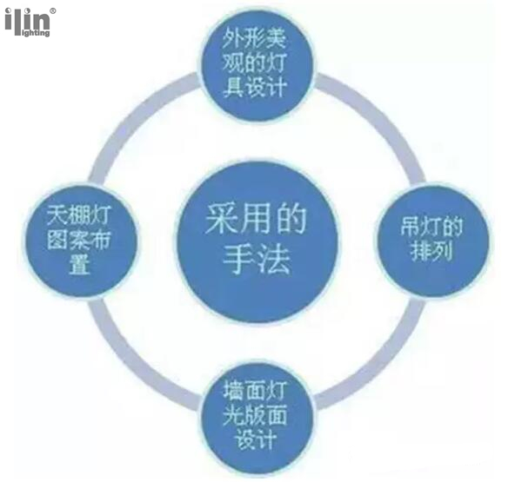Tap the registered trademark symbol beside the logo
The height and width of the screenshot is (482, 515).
pos(53,10)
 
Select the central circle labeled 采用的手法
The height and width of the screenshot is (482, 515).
pos(257,242)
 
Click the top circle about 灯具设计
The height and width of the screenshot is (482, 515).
pos(256,64)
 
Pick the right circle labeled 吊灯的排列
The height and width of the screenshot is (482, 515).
pos(432,240)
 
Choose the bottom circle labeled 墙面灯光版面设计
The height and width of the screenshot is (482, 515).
pos(257,417)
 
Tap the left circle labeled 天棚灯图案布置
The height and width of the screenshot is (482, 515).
pos(79,241)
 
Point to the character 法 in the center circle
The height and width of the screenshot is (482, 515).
pos(274,259)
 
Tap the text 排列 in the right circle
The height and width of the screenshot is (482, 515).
pos(431,252)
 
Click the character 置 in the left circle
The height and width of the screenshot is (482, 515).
pos(79,265)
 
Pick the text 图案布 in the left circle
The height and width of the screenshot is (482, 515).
pos(79,240)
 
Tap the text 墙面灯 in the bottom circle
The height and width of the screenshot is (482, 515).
pos(256,390)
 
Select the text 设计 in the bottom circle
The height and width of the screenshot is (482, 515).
pos(256,438)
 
